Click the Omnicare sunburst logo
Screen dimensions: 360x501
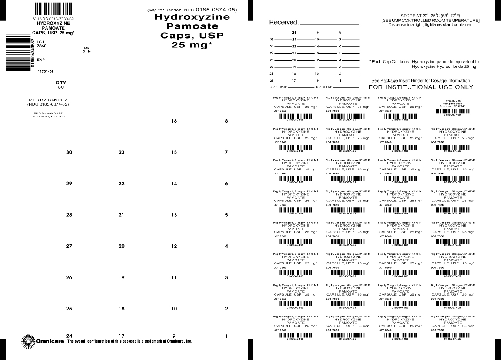coord(28,341)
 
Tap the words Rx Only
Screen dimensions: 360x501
coord(87,50)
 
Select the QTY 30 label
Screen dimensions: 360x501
coord(61,85)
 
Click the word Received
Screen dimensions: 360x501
coord(283,22)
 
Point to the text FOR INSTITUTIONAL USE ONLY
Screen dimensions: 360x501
coord(421,87)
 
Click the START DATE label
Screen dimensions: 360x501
coord(279,87)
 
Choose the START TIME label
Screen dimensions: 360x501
coord(324,87)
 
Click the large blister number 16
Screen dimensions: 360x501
coord(174,121)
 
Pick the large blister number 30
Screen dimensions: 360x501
coord(69,152)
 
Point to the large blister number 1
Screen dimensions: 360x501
coord(226,336)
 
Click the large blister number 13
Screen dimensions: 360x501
coord(174,215)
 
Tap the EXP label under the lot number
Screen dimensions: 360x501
coord(41,59)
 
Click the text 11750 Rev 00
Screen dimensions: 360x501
coord(452,101)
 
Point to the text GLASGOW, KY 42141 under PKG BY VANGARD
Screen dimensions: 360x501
coord(48,117)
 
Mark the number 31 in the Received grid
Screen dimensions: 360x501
coord(272,39)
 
